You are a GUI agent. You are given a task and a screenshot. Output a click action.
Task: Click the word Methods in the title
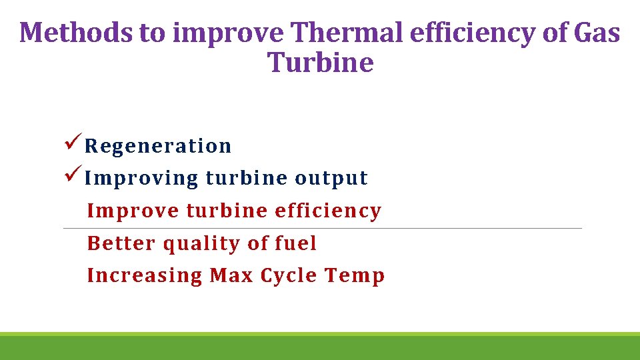(77, 32)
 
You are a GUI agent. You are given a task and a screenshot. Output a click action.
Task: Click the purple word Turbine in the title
(320, 63)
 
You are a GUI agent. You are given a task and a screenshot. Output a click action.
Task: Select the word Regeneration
(158, 146)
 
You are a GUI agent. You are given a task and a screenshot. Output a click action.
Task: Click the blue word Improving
(142, 179)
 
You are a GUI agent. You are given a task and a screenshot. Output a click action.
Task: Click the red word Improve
(133, 211)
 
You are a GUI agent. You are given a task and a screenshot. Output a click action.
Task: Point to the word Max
(231, 275)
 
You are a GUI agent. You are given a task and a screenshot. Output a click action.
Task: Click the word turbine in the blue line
(247, 178)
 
